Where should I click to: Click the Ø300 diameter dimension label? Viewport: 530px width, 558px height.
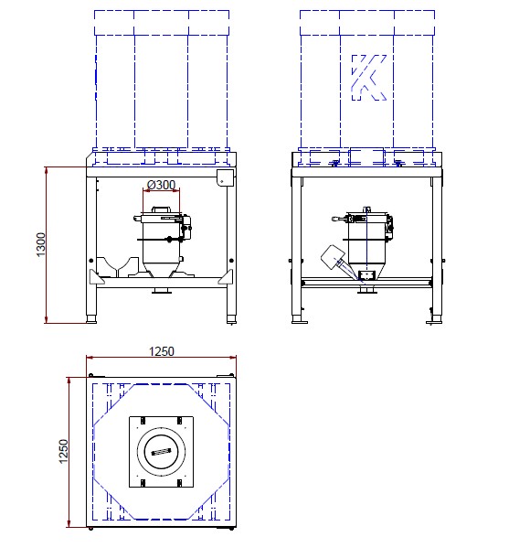click(161, 185)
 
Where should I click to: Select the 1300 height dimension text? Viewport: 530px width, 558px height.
click(41, 244)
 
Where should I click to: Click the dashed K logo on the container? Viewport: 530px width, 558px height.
click(368, 78)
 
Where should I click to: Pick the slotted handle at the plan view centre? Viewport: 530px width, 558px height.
click(161, 452)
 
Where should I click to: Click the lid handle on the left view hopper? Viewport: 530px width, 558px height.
click(162, 209)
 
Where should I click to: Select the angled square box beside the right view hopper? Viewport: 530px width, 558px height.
click(333, 256)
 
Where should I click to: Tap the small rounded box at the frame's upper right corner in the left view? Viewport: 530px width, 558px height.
click(226, 177)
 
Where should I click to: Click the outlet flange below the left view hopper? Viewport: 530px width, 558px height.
click(162, 292)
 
